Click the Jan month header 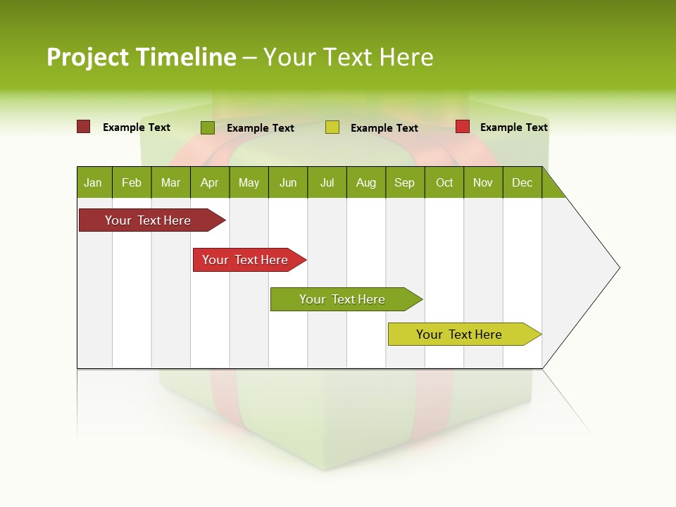point(94,182)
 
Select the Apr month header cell point(210,182)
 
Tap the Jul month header point(327,182)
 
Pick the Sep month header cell point(404,182)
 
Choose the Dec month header point(522,182)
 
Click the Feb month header point(132,182)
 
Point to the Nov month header point(483,182)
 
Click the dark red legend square point(83,127)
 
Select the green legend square point(207,127)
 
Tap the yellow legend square point(332,127)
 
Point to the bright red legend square point(463,127)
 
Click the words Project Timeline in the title point(141,57)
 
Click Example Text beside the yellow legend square point(384,128)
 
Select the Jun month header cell point(288,182)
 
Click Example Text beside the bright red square point(513,127)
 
